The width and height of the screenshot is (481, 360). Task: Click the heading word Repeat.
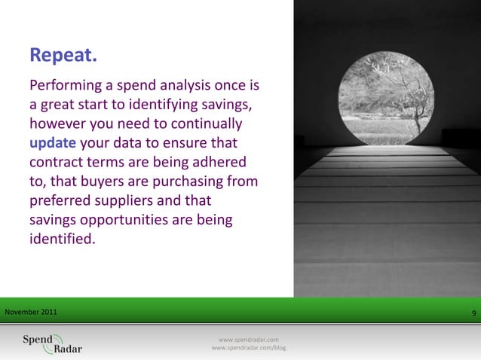(x=63, y=56)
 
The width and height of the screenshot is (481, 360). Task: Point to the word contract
(x=58, y=162)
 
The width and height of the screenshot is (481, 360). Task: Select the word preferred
(x=62, y=201)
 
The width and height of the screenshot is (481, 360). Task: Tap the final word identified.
(x=63, y=240)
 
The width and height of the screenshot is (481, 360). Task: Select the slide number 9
(x=473, y=313)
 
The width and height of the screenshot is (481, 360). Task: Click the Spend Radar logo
(x=52, y=343)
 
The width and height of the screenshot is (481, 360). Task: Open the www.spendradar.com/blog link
(x=249, y=348)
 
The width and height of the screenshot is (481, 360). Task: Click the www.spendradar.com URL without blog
(x=249, y=340)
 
